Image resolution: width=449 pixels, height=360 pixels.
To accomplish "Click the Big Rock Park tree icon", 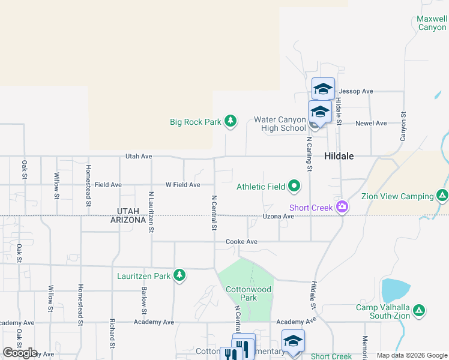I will point(230,122).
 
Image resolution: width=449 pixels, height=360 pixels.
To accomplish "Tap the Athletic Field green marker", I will point(294,187).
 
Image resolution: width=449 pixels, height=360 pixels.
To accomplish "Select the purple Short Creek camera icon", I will point(342,207).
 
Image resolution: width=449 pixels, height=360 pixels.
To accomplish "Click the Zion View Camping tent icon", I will point(442,196).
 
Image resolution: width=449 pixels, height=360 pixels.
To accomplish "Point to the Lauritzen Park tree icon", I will point(179,275).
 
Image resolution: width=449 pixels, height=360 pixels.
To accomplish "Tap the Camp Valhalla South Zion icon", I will point(420,311).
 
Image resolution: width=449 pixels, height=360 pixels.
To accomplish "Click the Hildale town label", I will point(339,156).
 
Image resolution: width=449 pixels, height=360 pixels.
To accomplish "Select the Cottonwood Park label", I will point(249,293).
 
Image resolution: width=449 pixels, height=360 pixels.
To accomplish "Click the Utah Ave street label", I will point(139,156).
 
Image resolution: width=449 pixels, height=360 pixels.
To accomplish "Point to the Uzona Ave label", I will point(278,216).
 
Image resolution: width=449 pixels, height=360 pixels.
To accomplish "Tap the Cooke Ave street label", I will point(241,242).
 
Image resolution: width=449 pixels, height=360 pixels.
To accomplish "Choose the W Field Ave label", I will point(182,185).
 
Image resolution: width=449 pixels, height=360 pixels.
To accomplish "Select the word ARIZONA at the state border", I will point(128,220).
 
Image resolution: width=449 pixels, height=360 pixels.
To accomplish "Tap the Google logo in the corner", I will point(20,353).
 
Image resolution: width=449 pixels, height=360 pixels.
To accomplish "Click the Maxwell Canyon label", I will point(432,23).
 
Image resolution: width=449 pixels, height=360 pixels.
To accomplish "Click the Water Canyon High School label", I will point(280,124).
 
